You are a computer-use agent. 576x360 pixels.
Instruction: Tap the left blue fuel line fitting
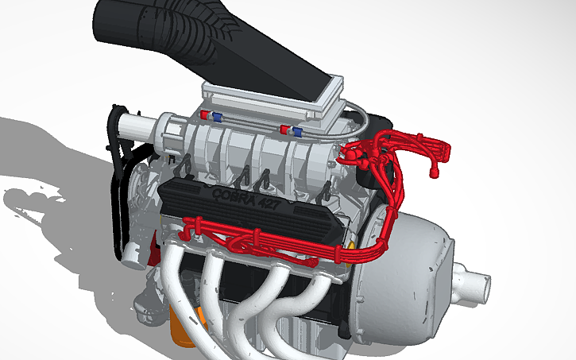(x=217, y=118)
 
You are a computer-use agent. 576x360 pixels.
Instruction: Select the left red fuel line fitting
(x=206, y=116)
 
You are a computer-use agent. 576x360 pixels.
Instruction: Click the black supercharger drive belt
(x=118, y=183)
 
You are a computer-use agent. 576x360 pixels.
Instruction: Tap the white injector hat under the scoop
(x=270, y=99)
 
